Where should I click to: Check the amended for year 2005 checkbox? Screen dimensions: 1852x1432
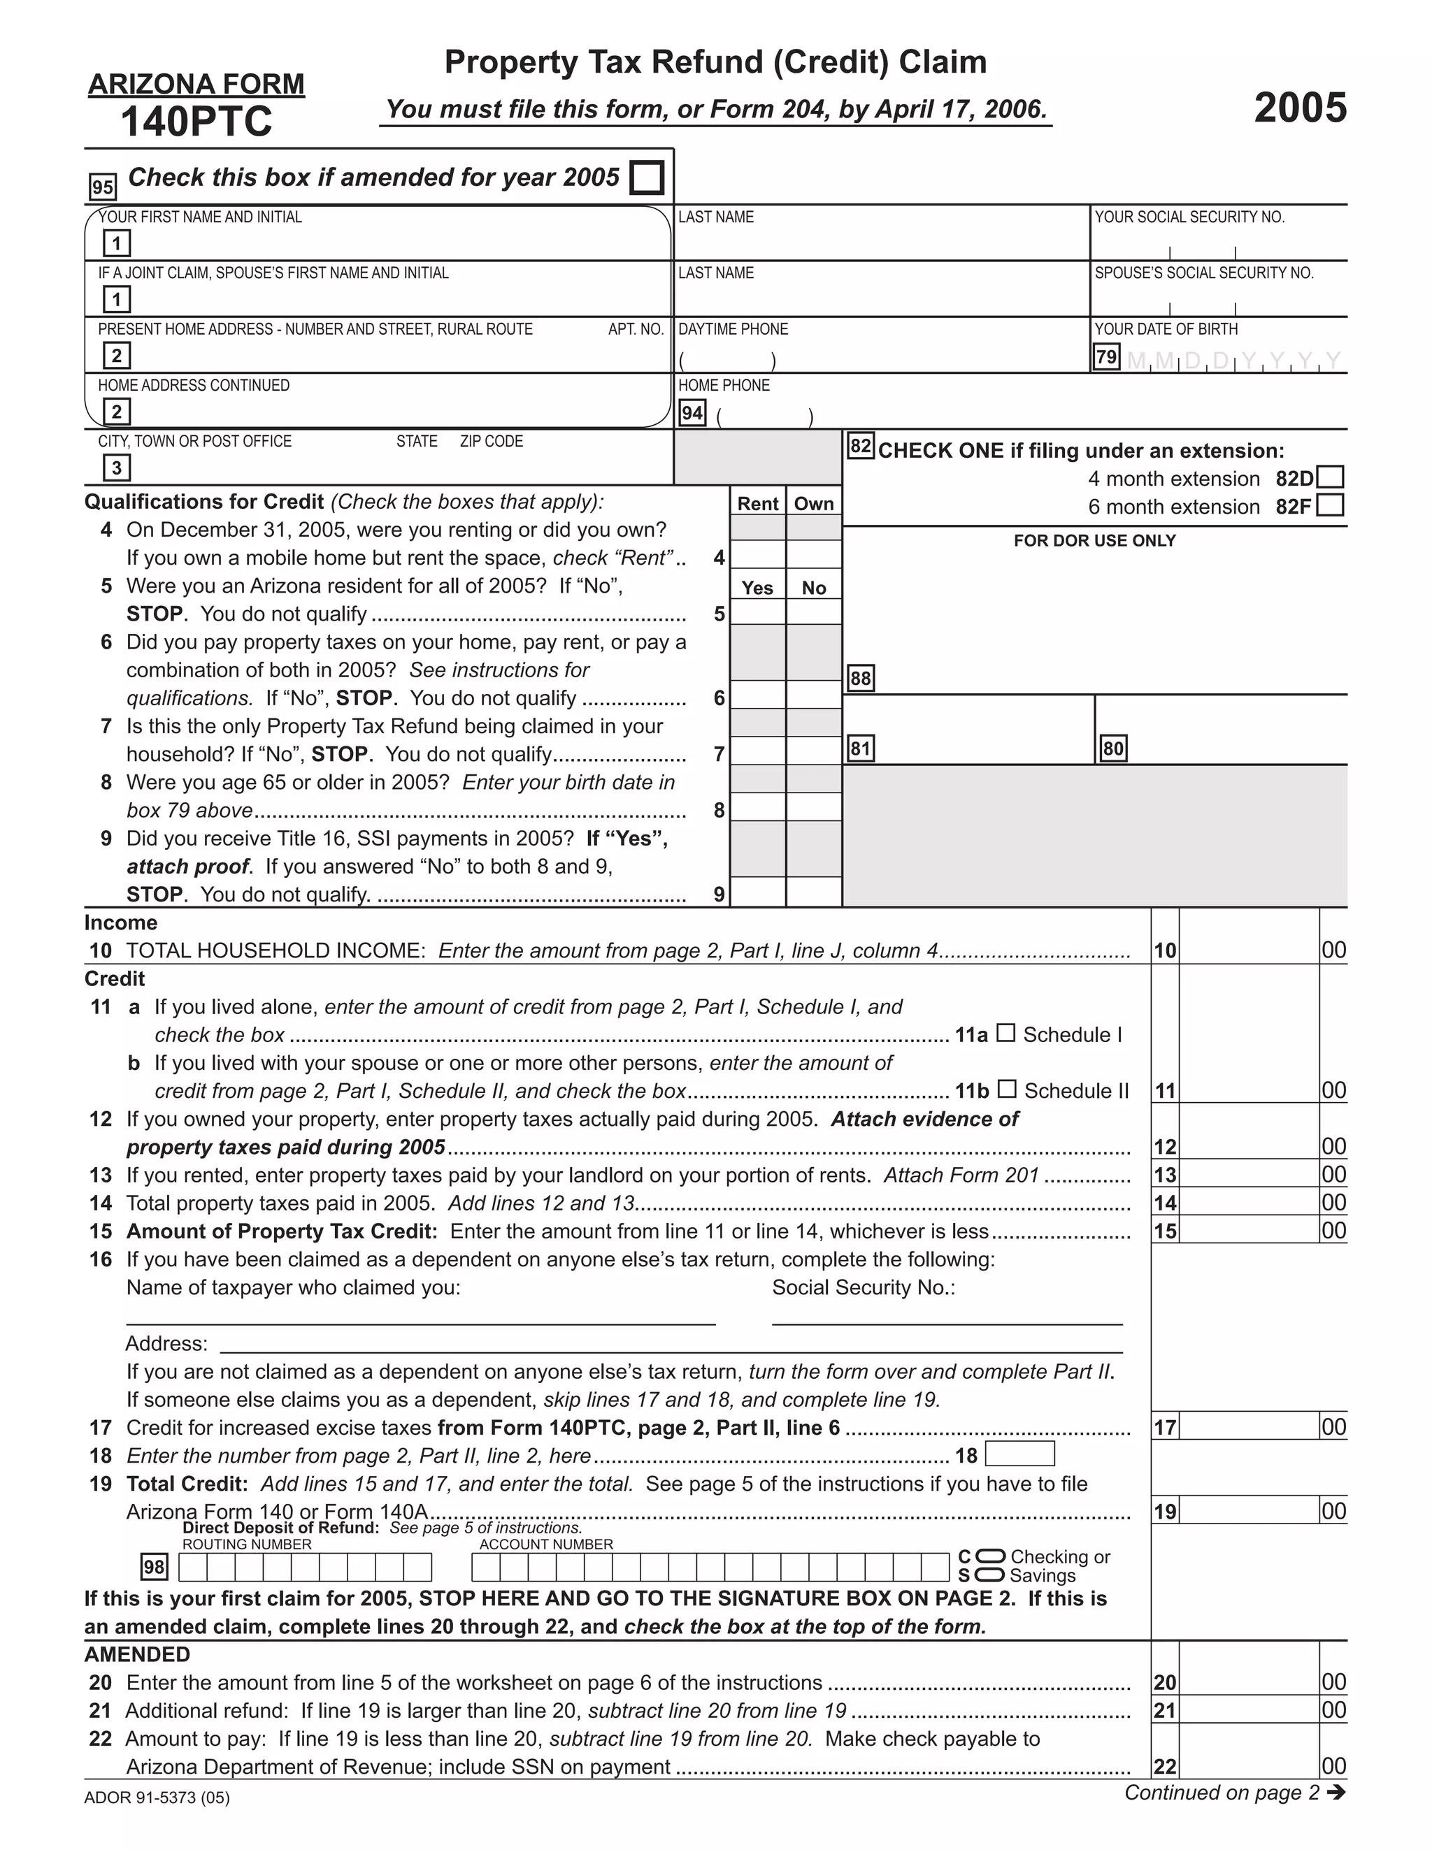[x=647, y=178]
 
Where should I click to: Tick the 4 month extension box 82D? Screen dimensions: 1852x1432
[x=1330, y=477]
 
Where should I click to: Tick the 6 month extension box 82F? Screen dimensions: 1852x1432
[x=1330, y=505]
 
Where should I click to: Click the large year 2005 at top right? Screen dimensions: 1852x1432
[x=1300, y=108]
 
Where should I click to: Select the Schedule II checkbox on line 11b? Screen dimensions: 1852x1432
[x=1006, y=1089]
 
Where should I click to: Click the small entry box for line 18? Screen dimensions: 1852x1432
[x=1019, y=1454]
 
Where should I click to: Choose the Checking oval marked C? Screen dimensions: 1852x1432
[x=990, y=1557]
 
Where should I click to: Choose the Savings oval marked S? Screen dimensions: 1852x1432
[x=990, y=1575]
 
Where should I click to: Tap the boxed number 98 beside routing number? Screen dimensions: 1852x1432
[x=155, y=1567]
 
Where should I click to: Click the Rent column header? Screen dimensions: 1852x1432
[x=757, y=504]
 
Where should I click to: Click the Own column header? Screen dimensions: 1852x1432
[x=814, y=504]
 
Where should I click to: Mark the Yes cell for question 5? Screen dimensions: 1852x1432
[x=757, y=612]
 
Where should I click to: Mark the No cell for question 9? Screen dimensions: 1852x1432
[x=814, y=892]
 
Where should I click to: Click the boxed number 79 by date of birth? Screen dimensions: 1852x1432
[x=1106, y=357]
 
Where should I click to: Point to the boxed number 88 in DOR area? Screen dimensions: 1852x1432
[x=860, y=679]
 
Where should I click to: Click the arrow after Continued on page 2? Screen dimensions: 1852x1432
[x=1336, y=1793]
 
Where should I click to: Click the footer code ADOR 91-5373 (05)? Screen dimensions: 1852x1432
[x=157, y=1797]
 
